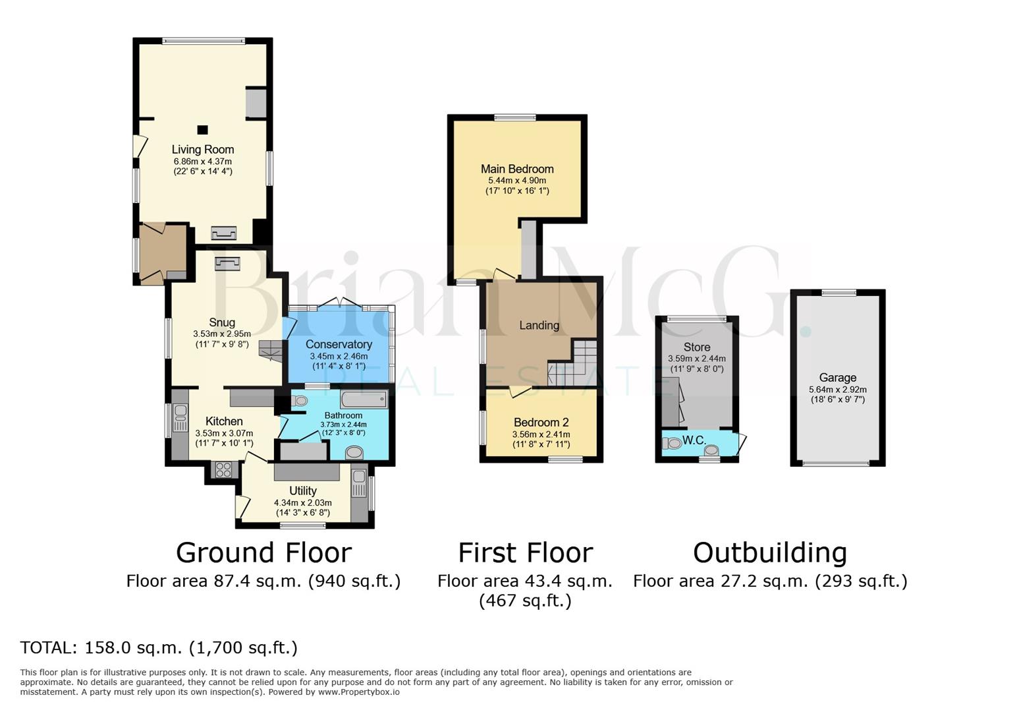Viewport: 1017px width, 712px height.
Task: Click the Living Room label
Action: [x=203, y=150]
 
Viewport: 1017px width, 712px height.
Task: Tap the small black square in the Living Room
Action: [x=203, y=130]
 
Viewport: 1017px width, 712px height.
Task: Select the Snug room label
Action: [x=222, y=322]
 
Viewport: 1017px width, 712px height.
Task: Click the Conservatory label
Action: [x=339, y=344]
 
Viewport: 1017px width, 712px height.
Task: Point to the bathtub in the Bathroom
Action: [x=364, y=400]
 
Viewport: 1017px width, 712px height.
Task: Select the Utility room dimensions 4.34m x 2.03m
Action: [x=302, y=502]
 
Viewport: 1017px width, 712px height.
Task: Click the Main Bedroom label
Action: [x=517, y=169]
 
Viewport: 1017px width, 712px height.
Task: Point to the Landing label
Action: [x=539, y=325]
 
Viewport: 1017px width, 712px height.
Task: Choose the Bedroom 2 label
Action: [x=541, y=423]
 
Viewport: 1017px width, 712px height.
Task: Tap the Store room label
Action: [x=696, y=347]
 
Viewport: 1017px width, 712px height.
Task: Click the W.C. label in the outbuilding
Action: [x=694, y=440]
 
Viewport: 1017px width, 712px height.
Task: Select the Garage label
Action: [x=837, y=378]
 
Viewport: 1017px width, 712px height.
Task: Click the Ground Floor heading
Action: [x=263, y=552]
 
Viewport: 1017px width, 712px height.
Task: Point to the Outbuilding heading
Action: [x=769, y=552]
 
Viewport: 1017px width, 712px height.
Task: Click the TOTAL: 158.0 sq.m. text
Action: [x=159, y=647]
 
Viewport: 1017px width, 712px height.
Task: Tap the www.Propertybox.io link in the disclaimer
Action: [x=358, y=692]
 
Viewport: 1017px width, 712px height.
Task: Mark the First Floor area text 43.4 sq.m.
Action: [x=525, y=581]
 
